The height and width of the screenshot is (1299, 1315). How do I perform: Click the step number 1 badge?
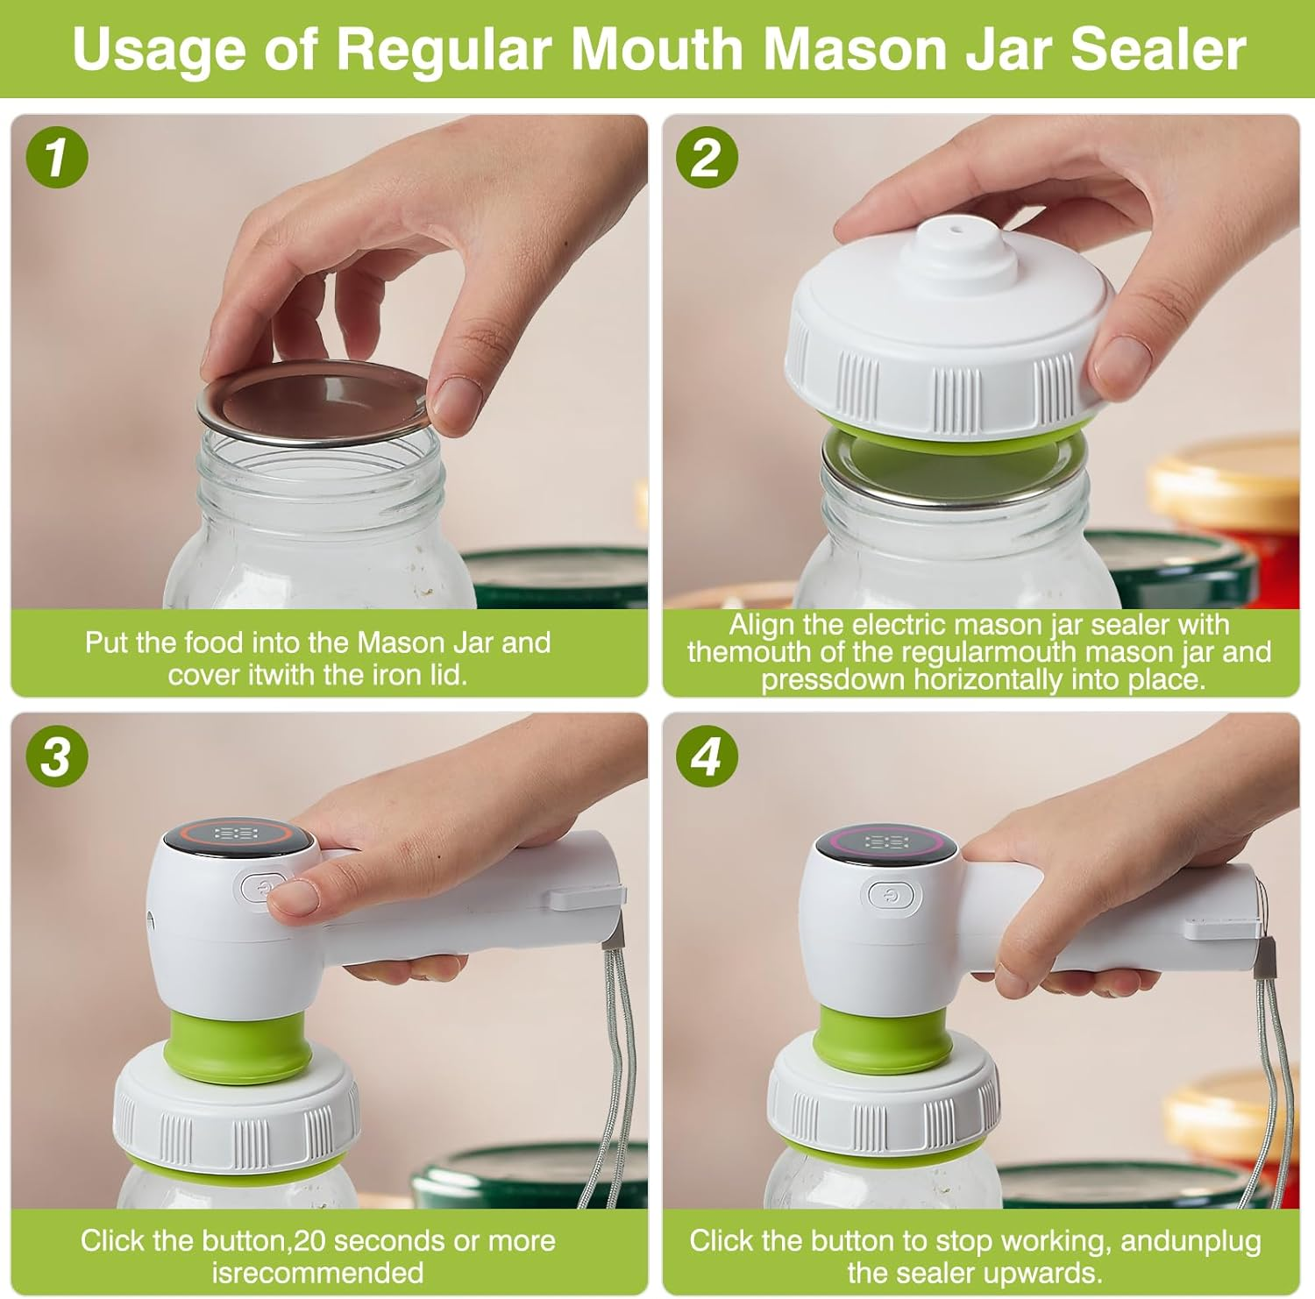(56, 158)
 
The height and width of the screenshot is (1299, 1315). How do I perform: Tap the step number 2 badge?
(707, 158)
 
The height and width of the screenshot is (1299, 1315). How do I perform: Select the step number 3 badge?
(56, 755)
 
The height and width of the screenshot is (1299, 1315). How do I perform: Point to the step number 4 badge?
(707, 755)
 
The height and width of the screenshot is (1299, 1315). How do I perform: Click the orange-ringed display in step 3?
(237, 834)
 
